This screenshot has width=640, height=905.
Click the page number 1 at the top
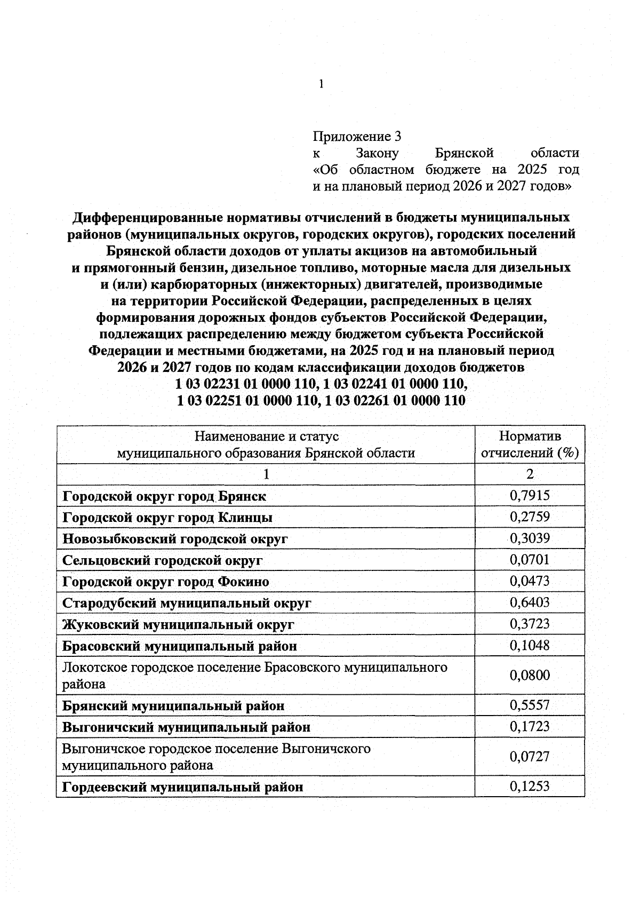321,84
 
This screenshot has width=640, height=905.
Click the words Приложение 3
356,137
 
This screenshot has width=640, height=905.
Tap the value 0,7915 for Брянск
529,496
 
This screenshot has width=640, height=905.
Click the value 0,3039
529,538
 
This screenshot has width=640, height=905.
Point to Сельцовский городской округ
163,560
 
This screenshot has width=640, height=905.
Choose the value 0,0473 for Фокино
529,581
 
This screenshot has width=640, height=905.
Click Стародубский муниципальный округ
187,604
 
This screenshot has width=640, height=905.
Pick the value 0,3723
529,624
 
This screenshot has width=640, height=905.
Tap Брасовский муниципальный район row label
180,646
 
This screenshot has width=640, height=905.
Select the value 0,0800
529,676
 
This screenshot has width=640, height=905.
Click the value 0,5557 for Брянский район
529,705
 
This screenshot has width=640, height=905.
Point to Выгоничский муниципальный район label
186,727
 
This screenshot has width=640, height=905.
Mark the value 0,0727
529,757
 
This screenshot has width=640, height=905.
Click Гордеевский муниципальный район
183,787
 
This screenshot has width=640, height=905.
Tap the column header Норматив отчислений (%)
529,444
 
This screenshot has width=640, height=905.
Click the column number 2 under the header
529,474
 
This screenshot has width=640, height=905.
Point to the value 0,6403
529,602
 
